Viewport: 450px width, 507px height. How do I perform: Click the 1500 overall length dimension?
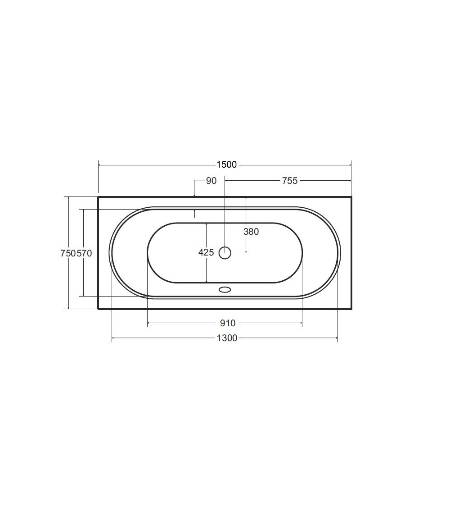click(226, 164)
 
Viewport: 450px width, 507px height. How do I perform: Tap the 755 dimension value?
click(289, 181)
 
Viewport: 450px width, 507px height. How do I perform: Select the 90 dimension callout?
click(211, 181)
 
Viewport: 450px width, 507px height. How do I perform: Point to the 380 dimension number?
click(251, 232)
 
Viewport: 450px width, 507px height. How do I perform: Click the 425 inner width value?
click(206, 252)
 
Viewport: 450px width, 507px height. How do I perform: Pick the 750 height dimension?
click(68, 253)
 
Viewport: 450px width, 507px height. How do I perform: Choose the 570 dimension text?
click(84, 253)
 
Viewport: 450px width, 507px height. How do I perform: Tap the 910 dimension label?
click(228, 323)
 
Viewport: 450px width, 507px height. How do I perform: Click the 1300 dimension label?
click(227, 338)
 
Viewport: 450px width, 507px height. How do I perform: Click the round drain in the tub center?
click(225, 253)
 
